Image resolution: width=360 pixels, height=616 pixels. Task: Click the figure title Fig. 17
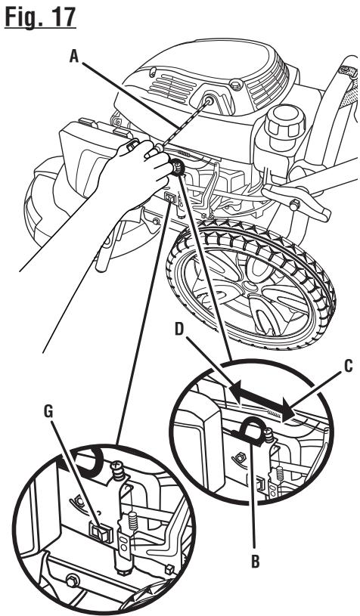coord(40,17)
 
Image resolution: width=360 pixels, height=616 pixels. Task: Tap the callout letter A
coord(74,57)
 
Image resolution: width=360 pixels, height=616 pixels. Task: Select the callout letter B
coord(255,562)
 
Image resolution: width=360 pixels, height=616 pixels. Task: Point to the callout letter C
coord(348,366)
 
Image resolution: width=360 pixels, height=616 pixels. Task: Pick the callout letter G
coord(48,411)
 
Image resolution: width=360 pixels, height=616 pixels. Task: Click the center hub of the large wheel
coord(247,283)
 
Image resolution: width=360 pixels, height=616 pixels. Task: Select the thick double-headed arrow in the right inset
coord(262,401)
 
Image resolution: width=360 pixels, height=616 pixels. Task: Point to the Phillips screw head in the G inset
coord(118,469)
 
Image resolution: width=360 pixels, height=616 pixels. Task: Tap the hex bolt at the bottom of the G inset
coord(73,580)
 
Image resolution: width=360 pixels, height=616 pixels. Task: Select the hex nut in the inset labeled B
coord(238,457)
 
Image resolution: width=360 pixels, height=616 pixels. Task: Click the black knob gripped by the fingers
coord(177,168)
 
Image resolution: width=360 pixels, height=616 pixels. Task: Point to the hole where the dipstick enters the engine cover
coord(209,101)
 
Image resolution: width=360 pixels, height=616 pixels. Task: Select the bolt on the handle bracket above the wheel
coord(294,204)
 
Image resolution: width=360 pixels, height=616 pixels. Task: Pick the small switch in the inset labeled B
coord(259,485)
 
